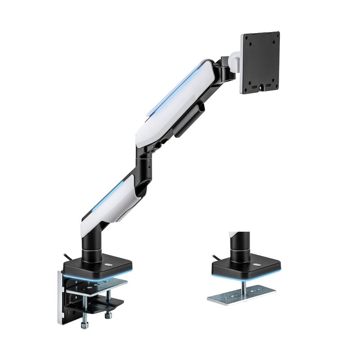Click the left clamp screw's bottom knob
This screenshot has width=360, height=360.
(84, 325)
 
